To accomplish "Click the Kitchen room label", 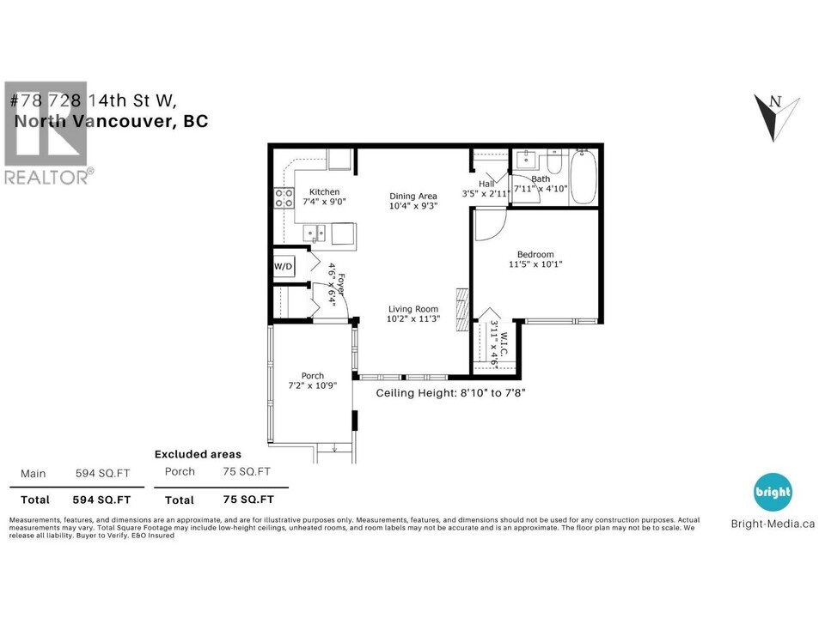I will coord(324,192).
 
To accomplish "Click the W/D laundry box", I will coord(284,266).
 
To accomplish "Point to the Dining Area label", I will coord(413,197).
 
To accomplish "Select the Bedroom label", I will coord(535,254).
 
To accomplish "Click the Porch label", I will coord(312,376).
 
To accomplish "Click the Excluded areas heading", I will coord(198,454).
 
